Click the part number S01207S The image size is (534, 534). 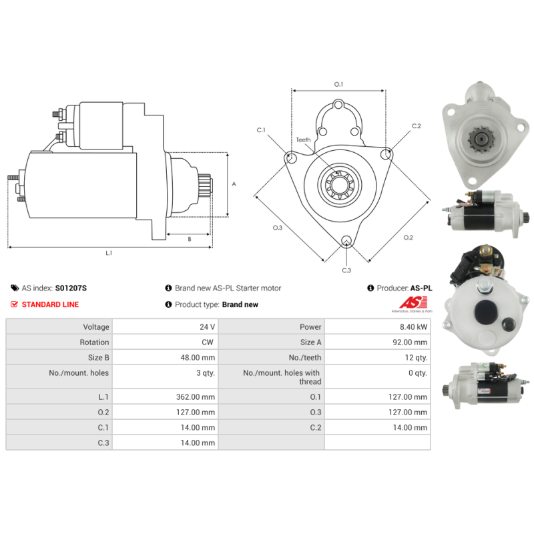click(71, 288)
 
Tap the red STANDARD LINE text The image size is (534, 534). click(51, 304)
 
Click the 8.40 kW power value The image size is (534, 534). click(413, 327)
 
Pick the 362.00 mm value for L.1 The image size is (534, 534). click(196, 396)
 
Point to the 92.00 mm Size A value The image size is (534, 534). click(410, 342)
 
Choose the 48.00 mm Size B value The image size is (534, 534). click(198, 358)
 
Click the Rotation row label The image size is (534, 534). click(94, 342)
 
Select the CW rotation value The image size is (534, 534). click(208, 342)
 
